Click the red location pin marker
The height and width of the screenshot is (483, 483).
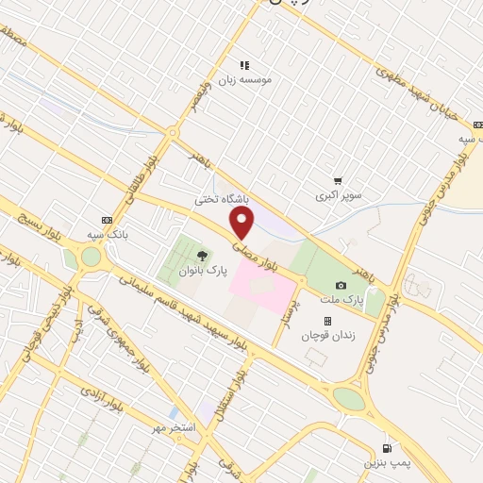[x=242, y=223]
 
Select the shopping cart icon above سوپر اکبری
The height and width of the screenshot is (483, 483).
[x=338, y=180]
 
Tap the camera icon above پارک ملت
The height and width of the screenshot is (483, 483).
[x=341, y=285]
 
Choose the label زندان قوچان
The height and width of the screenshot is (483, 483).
[x=326, y=336]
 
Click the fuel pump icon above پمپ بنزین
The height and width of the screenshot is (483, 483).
[x=386, y=447]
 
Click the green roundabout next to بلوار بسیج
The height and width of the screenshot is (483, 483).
[x=90, y=257]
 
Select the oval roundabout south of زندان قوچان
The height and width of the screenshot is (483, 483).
[x=348, y=399]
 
